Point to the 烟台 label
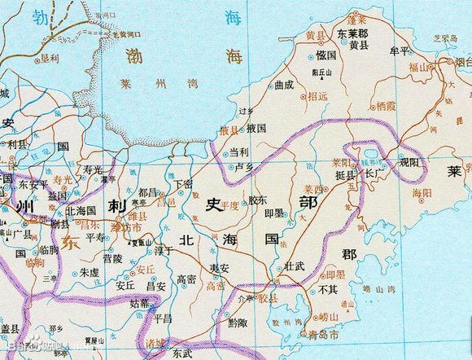pos(463,62)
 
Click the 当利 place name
pos(238,151)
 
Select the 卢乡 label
pos(244,167)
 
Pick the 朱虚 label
pos(89,273)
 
